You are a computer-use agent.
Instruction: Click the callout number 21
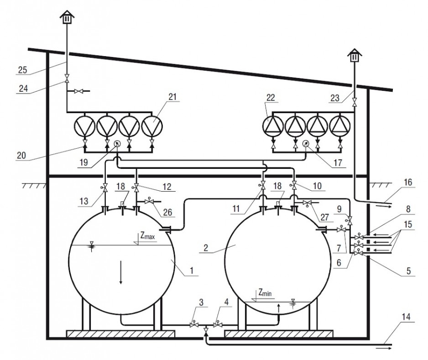pos(172,97)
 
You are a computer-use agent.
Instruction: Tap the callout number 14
pos(406,317)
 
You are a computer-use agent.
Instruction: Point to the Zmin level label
pos(265,293)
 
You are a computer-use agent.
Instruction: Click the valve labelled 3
pos(194,325)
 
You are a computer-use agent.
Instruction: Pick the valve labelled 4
pos(218,325)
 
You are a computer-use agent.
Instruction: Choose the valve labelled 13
pos(105,188)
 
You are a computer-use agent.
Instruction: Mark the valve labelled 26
pos(149,201)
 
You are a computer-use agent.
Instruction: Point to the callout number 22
pos(270,98)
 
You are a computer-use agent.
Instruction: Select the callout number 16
pos(408,183)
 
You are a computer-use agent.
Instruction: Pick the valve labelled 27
pos(308,203)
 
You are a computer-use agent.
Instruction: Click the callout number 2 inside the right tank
pos(206,248)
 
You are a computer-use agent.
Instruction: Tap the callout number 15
pos(408,224)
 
